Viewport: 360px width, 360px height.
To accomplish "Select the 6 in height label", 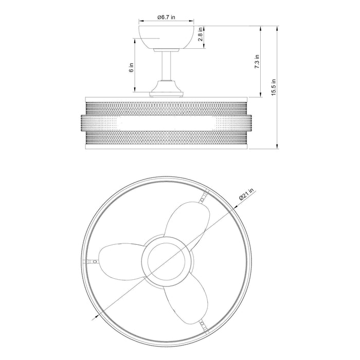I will [x=131, y=67].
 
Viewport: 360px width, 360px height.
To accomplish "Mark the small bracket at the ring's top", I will [x=205, y=196].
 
